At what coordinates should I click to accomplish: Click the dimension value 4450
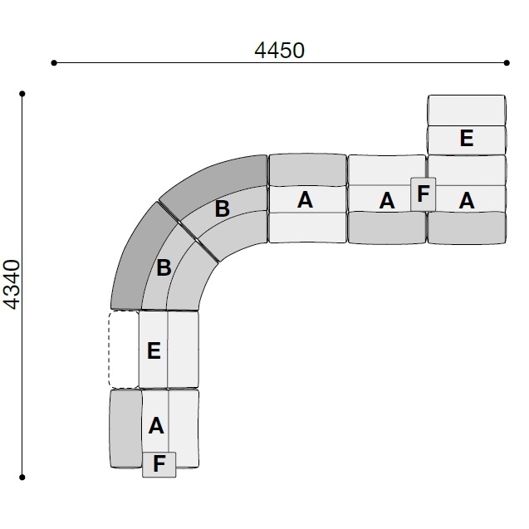pyautogui.click(x=279, y=51)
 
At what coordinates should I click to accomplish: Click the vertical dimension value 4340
pyautogui.click(x=12, y=284)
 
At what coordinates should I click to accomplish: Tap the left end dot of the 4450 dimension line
pyautogui.click(x=54, y=63)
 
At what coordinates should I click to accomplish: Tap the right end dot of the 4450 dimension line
pyautogui.click(x=507, y=63)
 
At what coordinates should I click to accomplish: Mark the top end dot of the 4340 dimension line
pyautogui.click(x=22, y=94)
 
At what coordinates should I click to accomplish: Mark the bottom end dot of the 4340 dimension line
pyautogui.click(x=22, y=477)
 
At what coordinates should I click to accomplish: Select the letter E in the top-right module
pyautogui.click(x=467, y=138)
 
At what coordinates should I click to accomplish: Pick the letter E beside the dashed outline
pyautogui.click(x=154, y=350)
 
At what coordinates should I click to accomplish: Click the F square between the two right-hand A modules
pyautogui.click(x=423, y=194)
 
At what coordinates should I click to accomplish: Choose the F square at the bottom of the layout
pyautogui.click(x=159, y=464)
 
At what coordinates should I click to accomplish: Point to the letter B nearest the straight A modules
pyautogui.click(x=223, y=208)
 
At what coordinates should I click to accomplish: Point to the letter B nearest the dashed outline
pyautogui.click(x=164, y=267)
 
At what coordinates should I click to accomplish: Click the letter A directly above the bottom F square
pyautogui.click(x=156, y=426)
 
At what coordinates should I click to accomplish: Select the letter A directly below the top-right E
pyautogui.click(x=467, y=200)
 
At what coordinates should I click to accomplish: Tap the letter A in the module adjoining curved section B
pyautogui.click(x=305, y=199)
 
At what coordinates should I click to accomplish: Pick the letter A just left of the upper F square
pyautogui.click(x=387, y=201)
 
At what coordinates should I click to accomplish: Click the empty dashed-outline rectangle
pyautogui.click(x=124, y=349)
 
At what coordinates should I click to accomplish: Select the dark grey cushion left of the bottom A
pyautogui.click(x=126, y=429)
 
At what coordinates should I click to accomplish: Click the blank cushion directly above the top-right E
pyautogui.click(x=467, y=110)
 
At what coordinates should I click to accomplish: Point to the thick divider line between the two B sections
pyautogui.click(x=189, y=232)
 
